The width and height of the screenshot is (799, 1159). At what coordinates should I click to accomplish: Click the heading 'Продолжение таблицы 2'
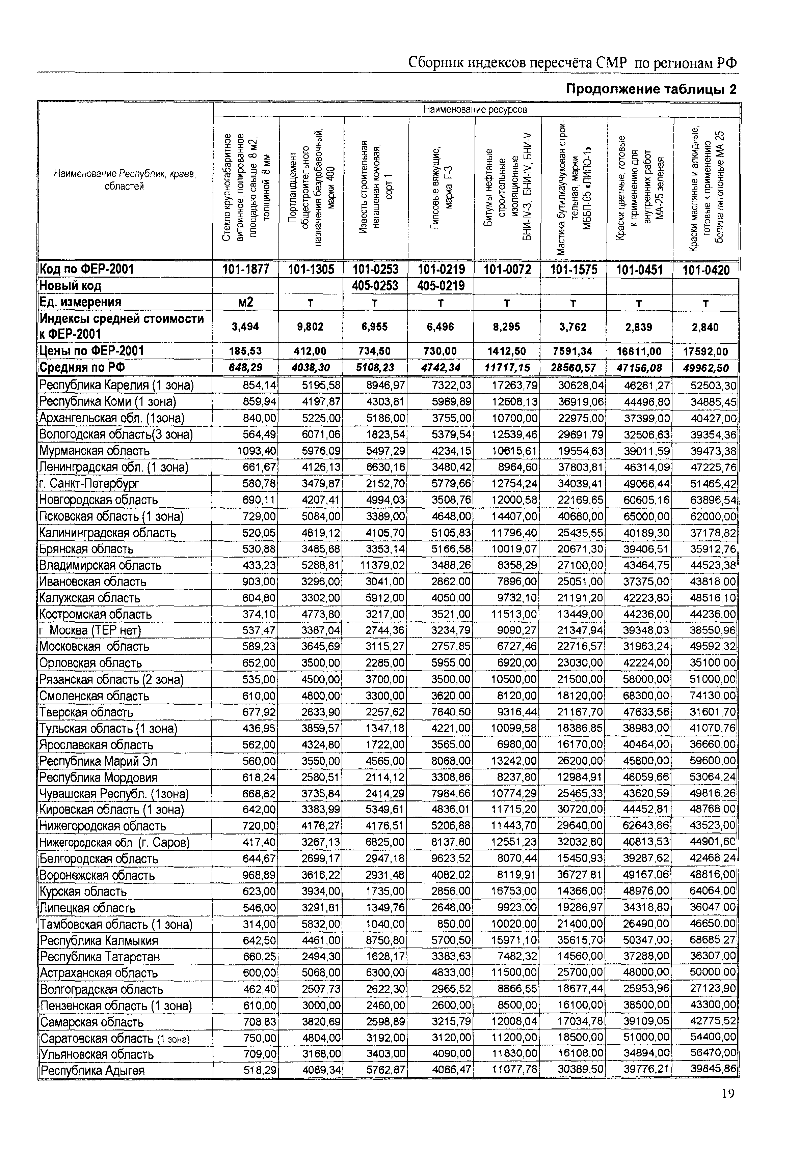[651, 89]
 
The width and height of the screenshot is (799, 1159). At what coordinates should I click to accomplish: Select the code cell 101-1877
[246, 270]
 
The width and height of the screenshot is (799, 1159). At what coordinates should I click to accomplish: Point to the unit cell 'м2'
[246, 302]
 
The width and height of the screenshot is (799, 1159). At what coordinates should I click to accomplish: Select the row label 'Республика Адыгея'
[92, 1071]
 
